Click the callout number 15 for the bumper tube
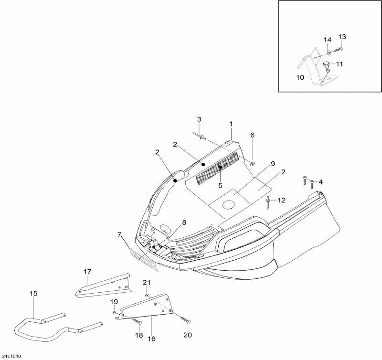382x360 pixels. pos(33,293)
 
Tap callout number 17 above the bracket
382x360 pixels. pos(87,272)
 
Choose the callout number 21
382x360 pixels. pos(147,283)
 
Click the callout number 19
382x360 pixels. pos(114,301)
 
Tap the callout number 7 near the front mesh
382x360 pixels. pos(119,234)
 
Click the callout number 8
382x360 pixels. pos(184,222)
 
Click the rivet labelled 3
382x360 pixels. pos(202,138)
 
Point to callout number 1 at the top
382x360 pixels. pos(231,124)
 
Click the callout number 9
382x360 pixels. pos(273,164)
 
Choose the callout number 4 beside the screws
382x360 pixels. pos(320,181)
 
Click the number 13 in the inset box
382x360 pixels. pos(342,37)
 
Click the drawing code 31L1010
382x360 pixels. pos(11,356)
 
